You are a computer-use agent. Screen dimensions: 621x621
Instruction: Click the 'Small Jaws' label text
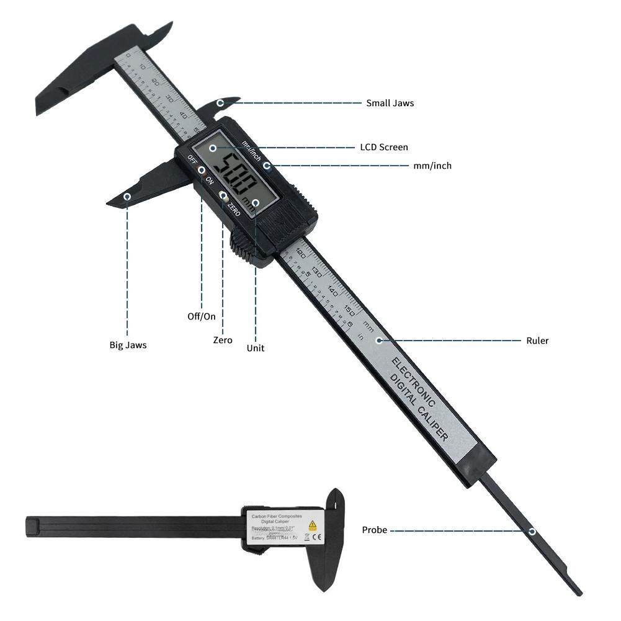click(x=390, y=103)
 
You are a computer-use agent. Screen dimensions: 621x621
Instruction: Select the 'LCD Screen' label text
click(x=384, y=147)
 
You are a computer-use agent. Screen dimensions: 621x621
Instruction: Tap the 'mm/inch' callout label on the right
click(x=432, y=166)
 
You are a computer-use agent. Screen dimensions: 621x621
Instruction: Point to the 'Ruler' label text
click(x=537, y=341)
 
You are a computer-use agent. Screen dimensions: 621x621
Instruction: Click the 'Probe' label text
click(x=375, y=530)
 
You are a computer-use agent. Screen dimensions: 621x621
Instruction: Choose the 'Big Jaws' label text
click(x=128, y=345)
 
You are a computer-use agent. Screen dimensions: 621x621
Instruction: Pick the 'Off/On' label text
click(x=202, y=316)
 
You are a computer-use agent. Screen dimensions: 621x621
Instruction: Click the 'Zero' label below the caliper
click(x=223, y=340)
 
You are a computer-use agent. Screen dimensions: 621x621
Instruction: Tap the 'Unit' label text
click(x=255, y=348)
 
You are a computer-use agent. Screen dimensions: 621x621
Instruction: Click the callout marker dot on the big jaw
click(x=128, y=197)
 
